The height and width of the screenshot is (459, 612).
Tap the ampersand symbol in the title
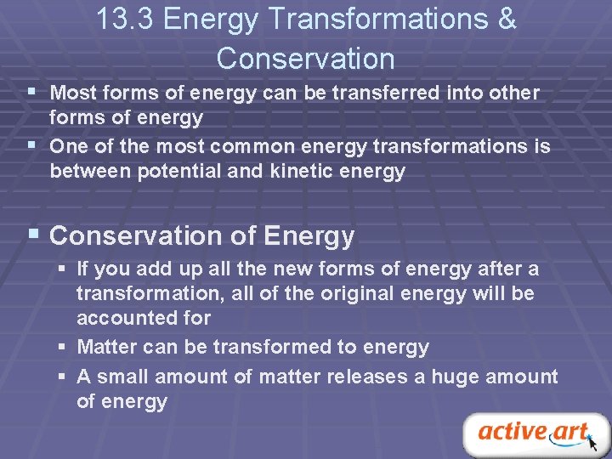click(x=506, y=20)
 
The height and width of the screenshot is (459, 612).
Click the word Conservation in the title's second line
click(x=305, y=59)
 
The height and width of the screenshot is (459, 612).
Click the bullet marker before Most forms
click(x=31, y=90)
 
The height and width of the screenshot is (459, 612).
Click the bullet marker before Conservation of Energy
click(x=32, y=234)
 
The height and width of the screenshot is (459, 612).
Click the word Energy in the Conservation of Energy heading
click(x=309, y=235)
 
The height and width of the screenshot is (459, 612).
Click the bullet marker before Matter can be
click(x=64, y=348)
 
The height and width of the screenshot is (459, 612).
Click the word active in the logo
click(x=512, y=431)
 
